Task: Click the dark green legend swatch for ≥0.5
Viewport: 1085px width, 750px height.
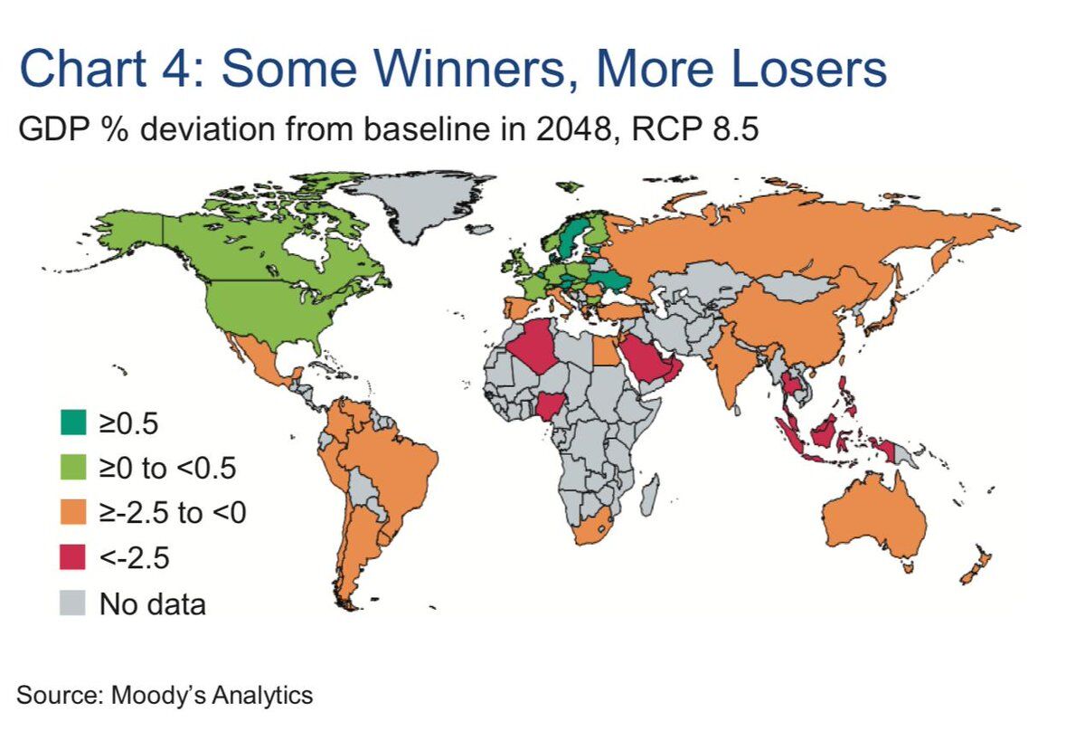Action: (74, 422)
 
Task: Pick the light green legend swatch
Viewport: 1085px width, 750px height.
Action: (74, 467)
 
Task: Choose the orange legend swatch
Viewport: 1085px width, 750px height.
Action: (74, 512)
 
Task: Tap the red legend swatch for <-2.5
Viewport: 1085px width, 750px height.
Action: (74, 557)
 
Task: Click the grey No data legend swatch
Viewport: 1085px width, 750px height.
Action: (74, 603)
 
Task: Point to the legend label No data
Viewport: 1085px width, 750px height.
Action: (153, 603)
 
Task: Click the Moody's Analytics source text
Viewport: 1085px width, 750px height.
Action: (165, 696)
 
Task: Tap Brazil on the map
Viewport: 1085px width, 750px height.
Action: (398, 461)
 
